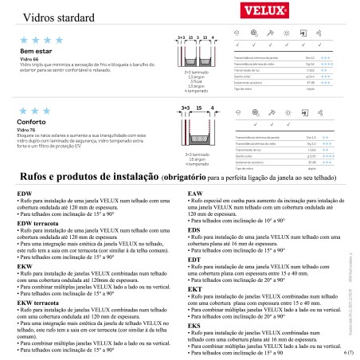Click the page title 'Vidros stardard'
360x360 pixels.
[x=50, y=15]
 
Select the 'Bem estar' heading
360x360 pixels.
[x=30, y=52]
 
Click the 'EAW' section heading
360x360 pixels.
[x=194, y=194]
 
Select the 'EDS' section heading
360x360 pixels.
[x=194, y=230]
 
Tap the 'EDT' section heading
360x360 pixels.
[x=194, y=260]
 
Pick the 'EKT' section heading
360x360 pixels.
[x=194, y=289]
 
